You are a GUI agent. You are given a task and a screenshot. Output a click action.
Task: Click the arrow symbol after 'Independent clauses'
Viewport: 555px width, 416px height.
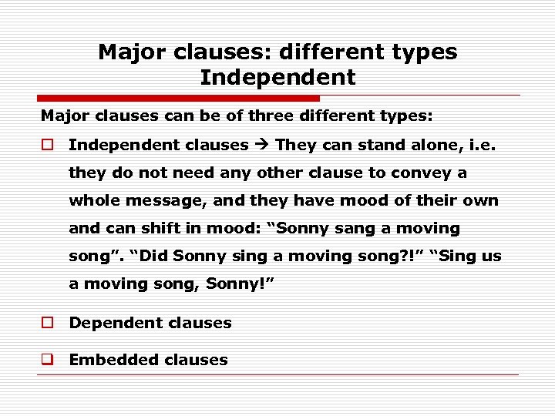[262, 145]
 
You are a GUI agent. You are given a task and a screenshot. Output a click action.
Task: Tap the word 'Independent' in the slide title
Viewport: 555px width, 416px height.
[277, 77]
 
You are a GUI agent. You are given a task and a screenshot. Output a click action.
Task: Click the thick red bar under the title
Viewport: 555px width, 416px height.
[178, 99]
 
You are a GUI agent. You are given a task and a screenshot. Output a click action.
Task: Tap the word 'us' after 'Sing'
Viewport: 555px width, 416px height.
[491, 256]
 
